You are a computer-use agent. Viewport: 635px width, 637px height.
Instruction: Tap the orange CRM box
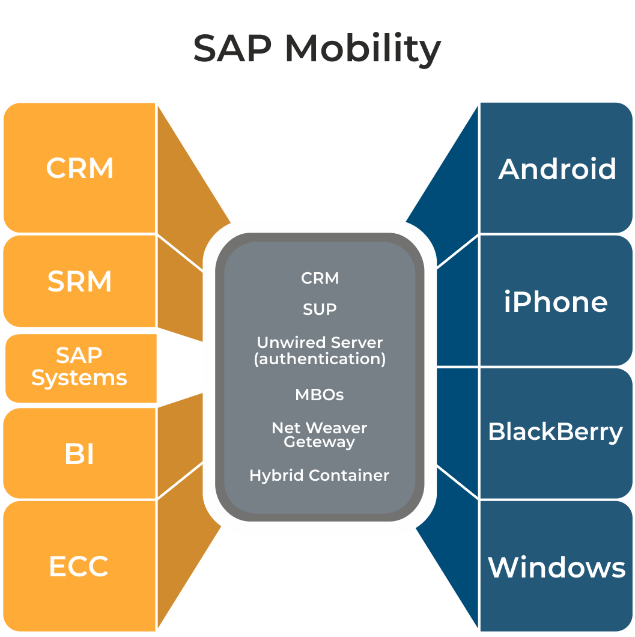(80, 168)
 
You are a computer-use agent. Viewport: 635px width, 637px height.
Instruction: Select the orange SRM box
(80, 281)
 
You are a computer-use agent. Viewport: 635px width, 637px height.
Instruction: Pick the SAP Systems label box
(80, 367)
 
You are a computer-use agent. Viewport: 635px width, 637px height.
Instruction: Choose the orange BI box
(80, 454)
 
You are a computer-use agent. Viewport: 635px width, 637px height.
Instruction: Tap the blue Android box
(557, 169)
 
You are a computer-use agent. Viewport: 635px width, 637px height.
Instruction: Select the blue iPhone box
(556, 301)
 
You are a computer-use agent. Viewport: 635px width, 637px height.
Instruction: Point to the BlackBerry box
(556, 432)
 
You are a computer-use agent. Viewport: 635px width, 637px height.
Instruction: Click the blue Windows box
(557, 567)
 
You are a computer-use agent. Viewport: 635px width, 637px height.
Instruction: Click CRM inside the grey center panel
(320, 278)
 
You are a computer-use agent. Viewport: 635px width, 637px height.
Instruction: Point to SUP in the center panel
(320, 309)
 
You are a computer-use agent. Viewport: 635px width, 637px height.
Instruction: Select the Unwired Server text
(320, 343)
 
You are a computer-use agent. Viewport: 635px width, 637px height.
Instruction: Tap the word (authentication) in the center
(320, 359)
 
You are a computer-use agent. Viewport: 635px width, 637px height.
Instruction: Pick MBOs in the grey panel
(320, 395)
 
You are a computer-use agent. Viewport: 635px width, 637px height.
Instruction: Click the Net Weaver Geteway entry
(320, 435)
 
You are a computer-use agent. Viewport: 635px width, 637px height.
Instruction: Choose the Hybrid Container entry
(320, 475)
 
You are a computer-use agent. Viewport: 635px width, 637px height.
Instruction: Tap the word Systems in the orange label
(79, 378)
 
